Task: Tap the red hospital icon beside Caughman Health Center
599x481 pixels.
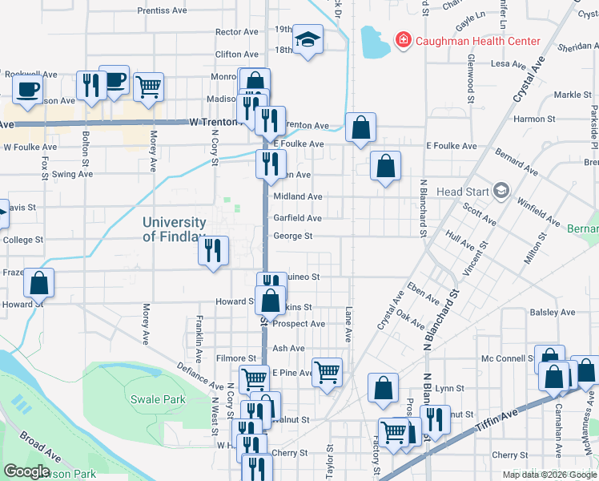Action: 403,39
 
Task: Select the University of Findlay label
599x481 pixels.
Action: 175,229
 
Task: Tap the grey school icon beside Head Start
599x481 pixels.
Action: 501,191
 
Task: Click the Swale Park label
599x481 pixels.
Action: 158,399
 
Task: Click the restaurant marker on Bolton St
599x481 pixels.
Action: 90,85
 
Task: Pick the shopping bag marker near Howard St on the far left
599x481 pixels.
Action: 38,282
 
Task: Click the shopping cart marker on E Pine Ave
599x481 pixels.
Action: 327,372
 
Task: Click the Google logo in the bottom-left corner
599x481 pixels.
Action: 26,471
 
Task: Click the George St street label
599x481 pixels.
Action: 292,236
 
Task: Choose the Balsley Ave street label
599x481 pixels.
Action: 553,312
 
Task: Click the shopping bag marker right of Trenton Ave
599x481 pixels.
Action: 360,127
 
